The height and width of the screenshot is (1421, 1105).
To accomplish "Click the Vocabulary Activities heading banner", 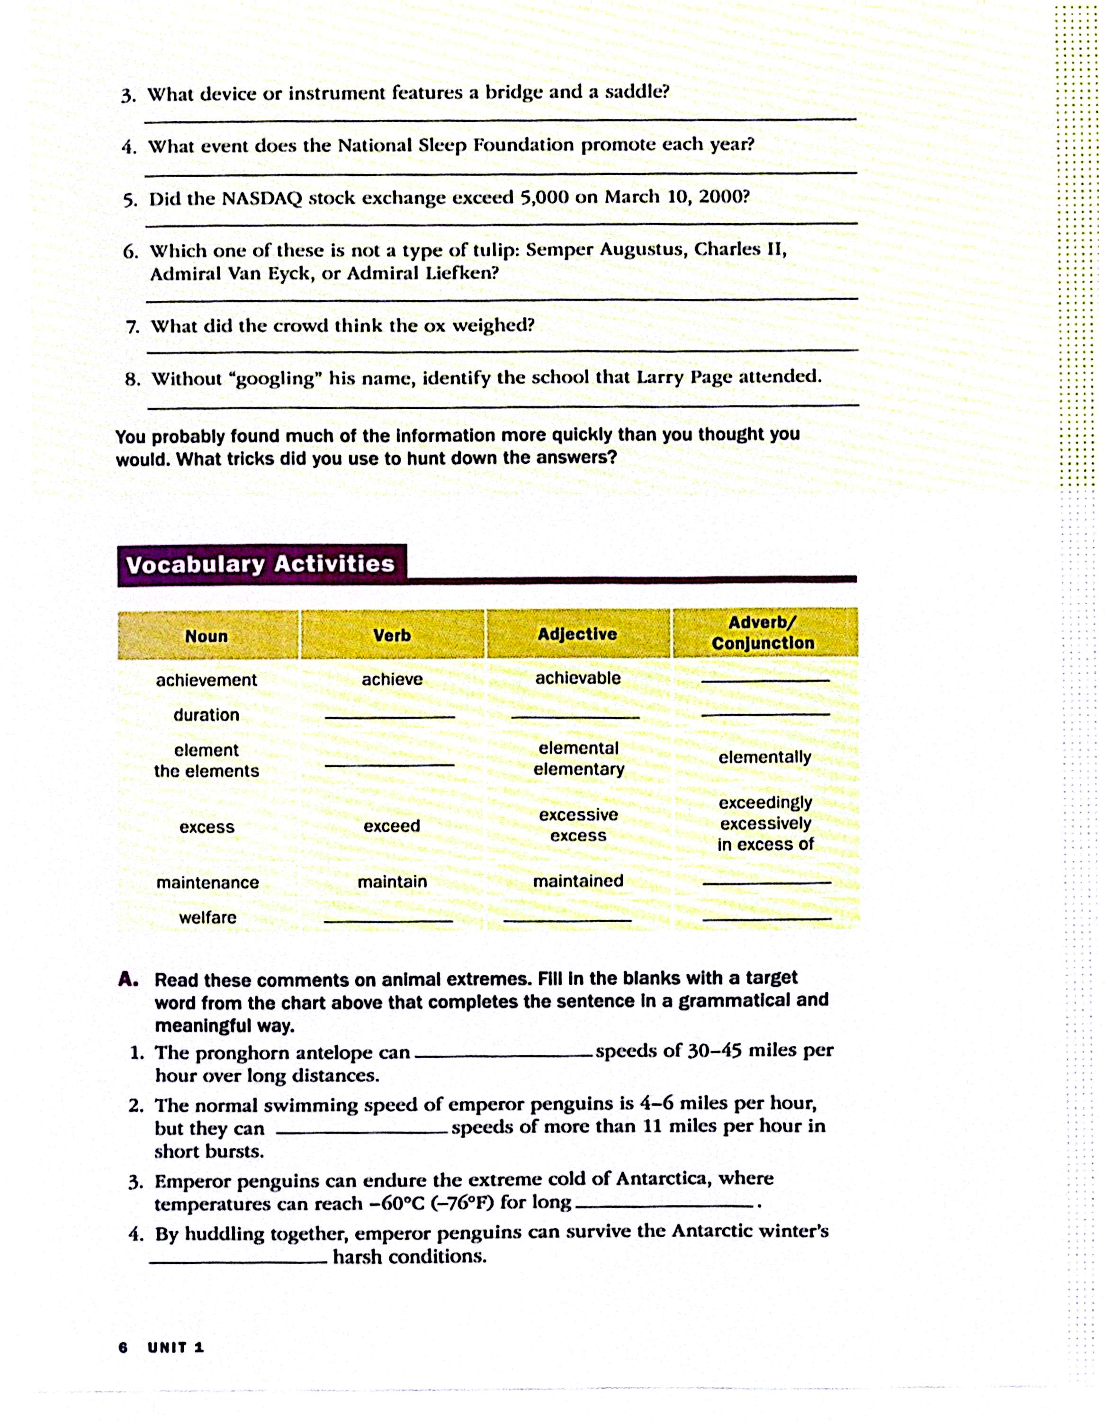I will click(261, 564).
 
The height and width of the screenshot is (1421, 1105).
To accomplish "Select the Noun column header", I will click(207, 636).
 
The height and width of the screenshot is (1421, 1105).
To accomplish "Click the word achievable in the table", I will click(578, 678).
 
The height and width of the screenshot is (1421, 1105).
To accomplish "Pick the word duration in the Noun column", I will click(207, 715).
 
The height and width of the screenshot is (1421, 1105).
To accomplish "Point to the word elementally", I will click(764, 757).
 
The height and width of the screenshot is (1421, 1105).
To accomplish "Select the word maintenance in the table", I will click(207, 882).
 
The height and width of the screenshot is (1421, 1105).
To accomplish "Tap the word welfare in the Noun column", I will click(207, 917).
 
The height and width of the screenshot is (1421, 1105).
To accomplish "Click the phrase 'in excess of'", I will click(765, 845).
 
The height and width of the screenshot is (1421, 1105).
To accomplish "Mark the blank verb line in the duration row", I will click(389, 717).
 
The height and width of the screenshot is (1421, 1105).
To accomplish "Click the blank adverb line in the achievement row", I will click(765, 681).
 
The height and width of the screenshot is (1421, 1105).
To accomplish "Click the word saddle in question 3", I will click(637, 92).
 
